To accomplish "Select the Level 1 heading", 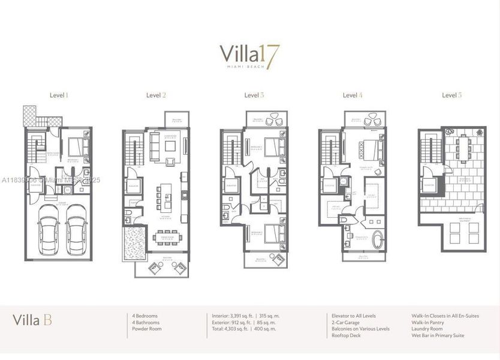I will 59,95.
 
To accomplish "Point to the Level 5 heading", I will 451,95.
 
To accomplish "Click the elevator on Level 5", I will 429,185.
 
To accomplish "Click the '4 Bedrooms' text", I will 146,316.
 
